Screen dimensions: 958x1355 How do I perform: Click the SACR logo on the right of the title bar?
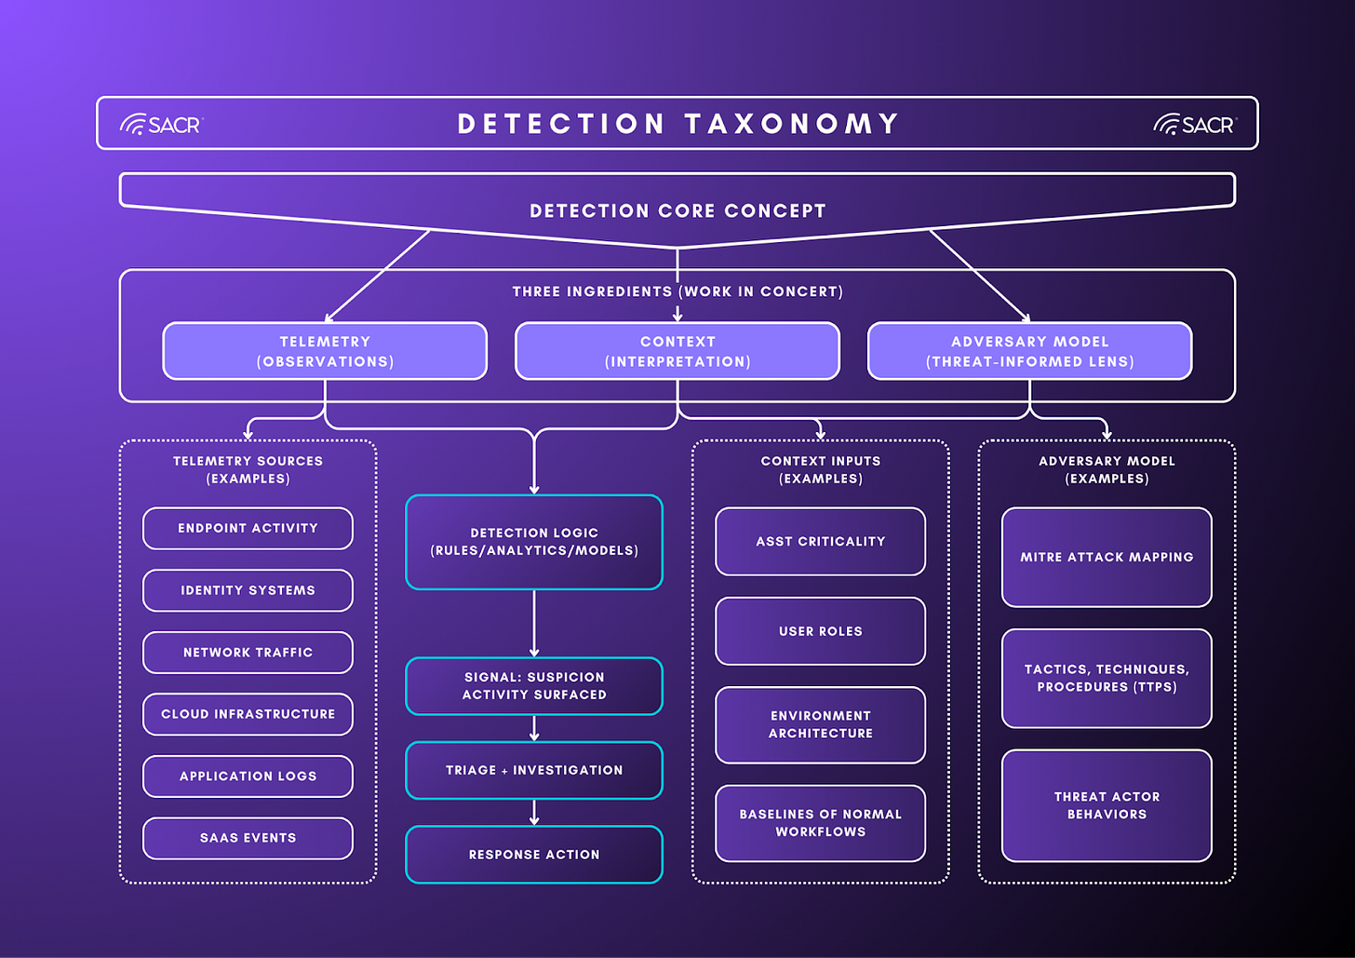1194,124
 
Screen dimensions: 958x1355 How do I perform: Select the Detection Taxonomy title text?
677,124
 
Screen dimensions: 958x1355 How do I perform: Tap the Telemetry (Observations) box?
325,351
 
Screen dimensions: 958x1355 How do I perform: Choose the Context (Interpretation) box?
677,351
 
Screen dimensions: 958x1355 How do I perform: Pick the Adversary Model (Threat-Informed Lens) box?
1029,351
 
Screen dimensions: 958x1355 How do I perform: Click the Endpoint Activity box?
248,528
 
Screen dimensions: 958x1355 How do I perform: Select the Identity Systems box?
248,590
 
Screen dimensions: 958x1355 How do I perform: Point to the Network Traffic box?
248,653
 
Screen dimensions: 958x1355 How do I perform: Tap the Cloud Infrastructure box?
248,714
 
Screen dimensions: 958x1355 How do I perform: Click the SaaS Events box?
248,838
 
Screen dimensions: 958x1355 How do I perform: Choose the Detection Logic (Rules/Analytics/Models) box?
534,542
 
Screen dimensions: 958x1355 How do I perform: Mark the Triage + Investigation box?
534,770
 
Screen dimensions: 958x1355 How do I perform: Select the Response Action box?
534,854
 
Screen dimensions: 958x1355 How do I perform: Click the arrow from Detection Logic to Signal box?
534,624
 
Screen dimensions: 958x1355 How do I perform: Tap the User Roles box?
820,631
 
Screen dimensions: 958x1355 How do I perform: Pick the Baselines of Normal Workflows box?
820,823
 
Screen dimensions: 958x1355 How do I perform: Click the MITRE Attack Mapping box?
1107,557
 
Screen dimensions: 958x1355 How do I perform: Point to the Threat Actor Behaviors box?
1107,805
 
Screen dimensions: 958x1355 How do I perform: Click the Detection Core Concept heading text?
677,211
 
